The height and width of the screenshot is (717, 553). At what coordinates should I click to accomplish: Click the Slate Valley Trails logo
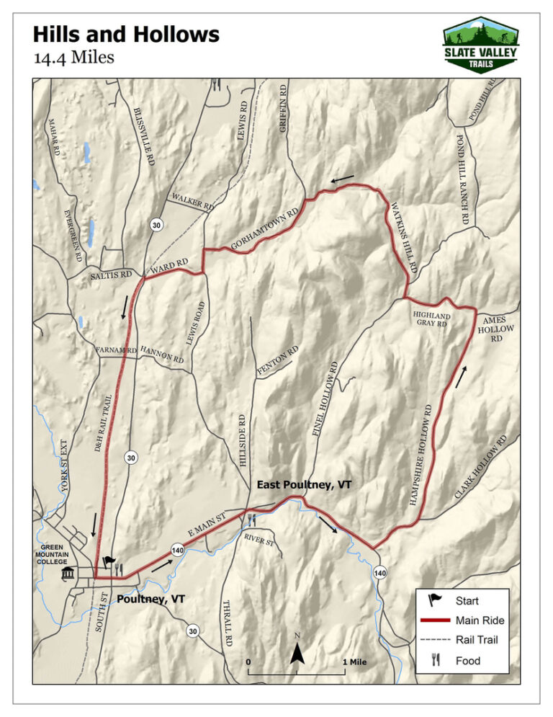pos(480,45)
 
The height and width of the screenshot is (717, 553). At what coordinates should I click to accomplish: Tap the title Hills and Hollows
pos(126,34)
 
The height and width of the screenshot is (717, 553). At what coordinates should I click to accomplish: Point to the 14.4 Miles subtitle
pos(73,57)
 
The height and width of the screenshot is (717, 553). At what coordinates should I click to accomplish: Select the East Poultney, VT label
pos(304,485)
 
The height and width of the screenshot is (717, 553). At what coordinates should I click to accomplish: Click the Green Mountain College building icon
pos(69,573)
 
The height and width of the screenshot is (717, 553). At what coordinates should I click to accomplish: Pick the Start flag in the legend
pos(436,599)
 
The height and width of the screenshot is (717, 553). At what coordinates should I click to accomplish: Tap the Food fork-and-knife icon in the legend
pos(435,659)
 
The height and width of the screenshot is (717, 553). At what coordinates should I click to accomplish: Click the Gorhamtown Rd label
pos(264,231)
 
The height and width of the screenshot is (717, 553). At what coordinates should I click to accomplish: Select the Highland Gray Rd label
pos(431,320)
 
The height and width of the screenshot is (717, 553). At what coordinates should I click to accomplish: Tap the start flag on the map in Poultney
pos(109,563)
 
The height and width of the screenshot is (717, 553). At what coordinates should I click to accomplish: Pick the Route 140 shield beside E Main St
pos(176,551)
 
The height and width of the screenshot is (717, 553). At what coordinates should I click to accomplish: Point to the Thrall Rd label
pos(228,621)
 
